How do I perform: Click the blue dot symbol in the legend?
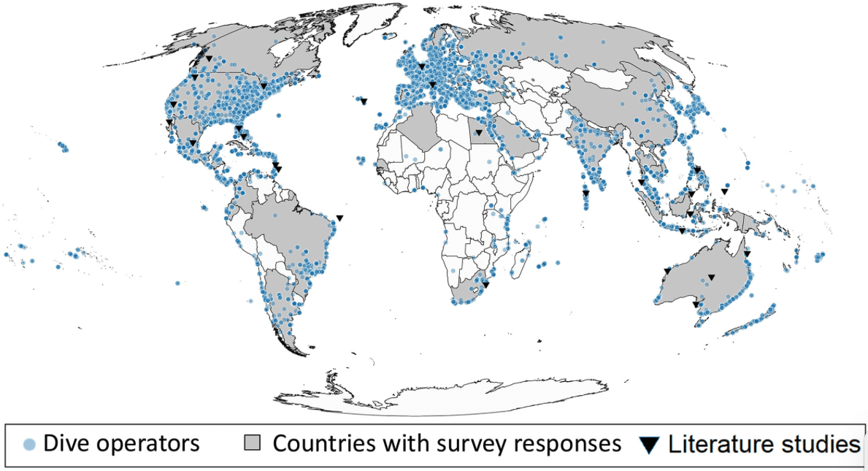click(x=29, y=444)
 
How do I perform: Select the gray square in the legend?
click(x=252, y=443)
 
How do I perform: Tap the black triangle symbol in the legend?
click(x=650, y=444)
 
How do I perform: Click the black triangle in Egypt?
click(x=478, y=133)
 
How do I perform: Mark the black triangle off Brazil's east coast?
click(x=339, y=218)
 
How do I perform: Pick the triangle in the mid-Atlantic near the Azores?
click(x=364, y=102)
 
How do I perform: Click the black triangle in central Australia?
click(x=712, y=277)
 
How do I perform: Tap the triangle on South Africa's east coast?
click(x=485, y=285)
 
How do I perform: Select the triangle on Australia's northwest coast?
click(x=667, y=271)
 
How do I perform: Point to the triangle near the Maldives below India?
click(x=585, y=194)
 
